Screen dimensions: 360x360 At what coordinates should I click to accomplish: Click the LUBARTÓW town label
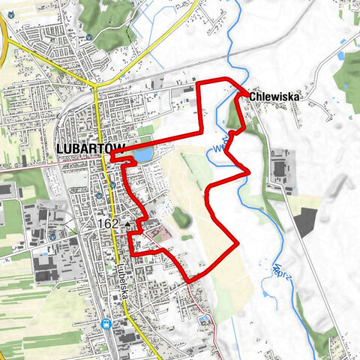point(82,148)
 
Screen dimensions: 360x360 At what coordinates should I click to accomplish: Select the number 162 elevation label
point(108,223)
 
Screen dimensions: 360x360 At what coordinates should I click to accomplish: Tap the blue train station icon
point(106,325)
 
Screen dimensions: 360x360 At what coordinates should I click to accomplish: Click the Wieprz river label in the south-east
point(281,274)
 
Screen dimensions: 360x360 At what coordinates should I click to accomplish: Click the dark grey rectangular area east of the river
point(307,223)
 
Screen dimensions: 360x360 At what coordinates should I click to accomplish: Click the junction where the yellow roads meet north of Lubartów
point(96,85)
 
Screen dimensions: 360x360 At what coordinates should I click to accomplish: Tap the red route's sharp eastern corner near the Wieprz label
point(247,172)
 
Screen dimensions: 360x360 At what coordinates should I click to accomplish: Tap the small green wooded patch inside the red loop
point(180,218)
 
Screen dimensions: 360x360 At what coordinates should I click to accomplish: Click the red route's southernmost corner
point(190,280)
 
